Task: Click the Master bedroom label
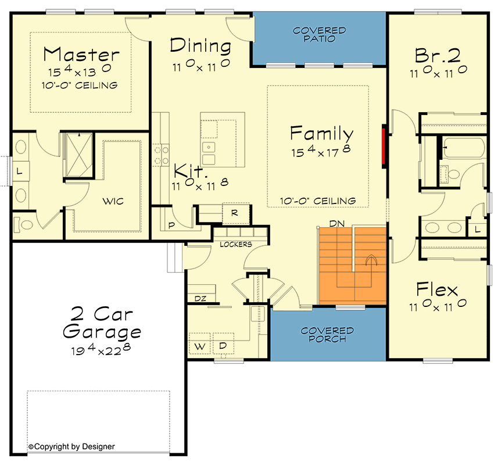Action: (81, 55)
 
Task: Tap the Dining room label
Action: (200, 45)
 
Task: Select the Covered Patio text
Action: (319, 34)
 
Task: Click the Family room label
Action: (321, 133)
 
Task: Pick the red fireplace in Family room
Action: (384, 148)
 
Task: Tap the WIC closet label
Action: (114, 201)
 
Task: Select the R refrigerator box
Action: (234, 213)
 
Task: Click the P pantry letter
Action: (171, 224)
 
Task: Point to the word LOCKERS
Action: (235, 244)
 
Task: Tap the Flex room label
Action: (437, 289)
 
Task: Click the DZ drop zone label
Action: (200, 299)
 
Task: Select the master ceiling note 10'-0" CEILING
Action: (80, 85)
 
